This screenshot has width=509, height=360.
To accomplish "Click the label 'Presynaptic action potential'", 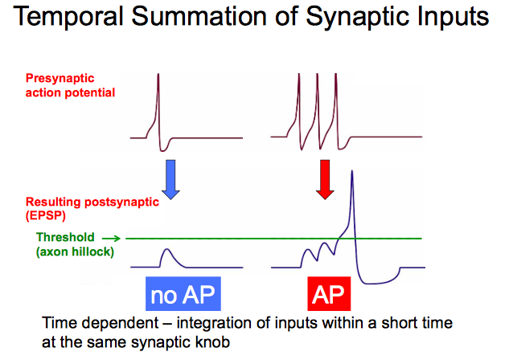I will click(71, 86).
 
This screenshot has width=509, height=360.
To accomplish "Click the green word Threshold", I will click(65, 237).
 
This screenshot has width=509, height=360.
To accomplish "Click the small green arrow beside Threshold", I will click(113, 238).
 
